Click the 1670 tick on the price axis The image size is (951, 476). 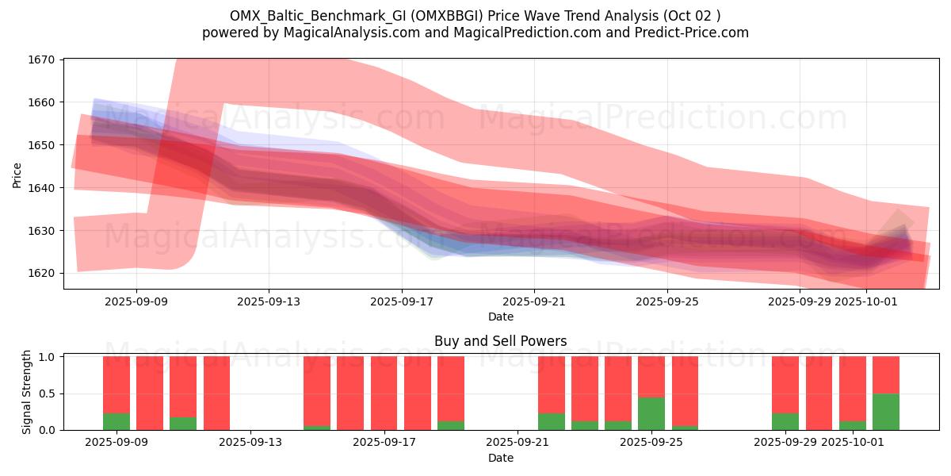(x=42, y=59)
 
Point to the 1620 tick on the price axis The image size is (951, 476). (x=42, y=273)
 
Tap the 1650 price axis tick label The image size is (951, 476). (x=42, y=145)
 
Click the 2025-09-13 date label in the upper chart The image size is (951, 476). (x=269, y=301)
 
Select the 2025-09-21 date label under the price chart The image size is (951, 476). (x=534, y=301)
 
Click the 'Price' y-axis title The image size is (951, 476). (x=17, y=175)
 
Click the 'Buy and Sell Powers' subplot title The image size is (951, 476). (x=500, y=341)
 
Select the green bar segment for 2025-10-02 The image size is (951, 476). (x=886, y=412)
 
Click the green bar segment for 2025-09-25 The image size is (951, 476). (x=651, y=413)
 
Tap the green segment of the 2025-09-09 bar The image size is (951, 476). (x=116, y=421)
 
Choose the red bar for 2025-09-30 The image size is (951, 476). (x=819, y=393)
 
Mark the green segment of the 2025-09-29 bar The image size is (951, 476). (x=785, y=421)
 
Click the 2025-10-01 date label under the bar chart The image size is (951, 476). (x=869, y=442)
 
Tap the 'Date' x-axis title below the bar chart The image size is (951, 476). (x=500, y=458)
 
